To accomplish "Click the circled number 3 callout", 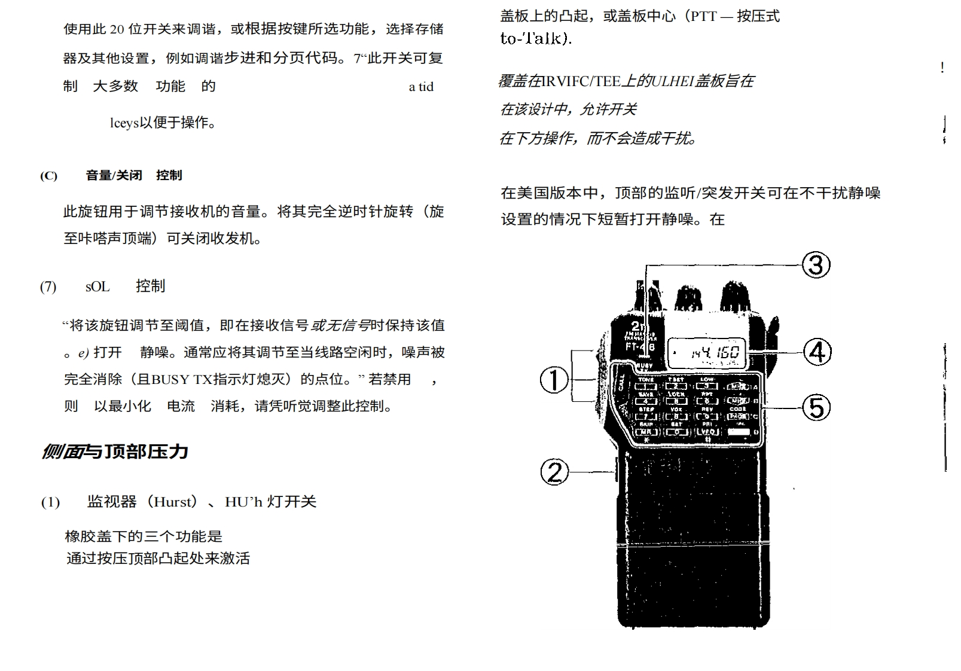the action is [x=816, y=264].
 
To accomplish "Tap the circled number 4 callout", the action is [x=816, y=352].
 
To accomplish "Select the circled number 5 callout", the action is [x=816, y=408].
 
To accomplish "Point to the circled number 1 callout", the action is [x=554, y=380].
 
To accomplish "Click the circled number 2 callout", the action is [x=554, y=472].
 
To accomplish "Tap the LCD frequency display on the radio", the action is [x=706, y=353].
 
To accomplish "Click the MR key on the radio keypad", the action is [x=646, y=432].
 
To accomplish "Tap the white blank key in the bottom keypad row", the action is [x=739, y=432].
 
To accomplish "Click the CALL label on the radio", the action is [x=621, y=383].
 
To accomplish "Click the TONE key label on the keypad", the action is [x=646, y=380].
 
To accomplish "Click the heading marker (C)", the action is [x=48, y=176].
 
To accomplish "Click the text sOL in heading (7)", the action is [x=97, y=286].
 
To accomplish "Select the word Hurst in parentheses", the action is [x=175, y=502].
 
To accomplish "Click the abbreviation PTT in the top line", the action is [x=703, y=17].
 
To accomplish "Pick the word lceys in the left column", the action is [x=124, y=123].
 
